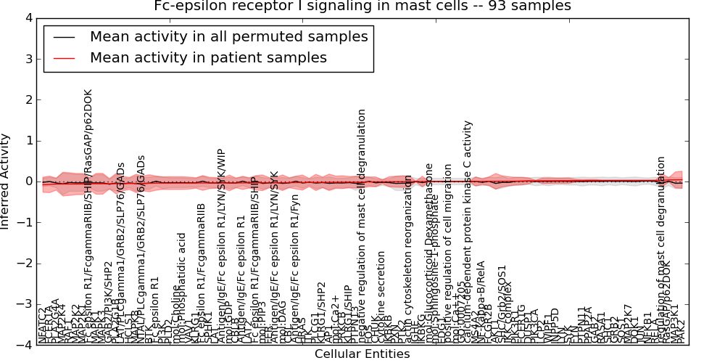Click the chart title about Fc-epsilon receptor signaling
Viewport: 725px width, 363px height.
pyautogui.click(x=362, y=6)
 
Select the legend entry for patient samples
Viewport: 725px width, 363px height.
pyautogui.click(x=208, y=57)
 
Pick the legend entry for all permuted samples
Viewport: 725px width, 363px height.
pyautogui.click(x=228, y=36)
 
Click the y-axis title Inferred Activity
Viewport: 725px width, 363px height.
pyautogui.click(x=6, y=181)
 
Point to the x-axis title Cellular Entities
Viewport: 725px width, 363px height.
pyautogui.click(x=362, y=354)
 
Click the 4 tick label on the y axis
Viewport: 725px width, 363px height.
pyautogui.click(x=27, y=18)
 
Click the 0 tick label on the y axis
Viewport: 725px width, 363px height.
pyautogui.click(x=27, y=181)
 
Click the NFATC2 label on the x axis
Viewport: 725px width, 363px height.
pyautogui.click(x=43, y=325)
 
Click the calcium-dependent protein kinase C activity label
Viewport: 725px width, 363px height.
pyautogui.click(x=469, y=232)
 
